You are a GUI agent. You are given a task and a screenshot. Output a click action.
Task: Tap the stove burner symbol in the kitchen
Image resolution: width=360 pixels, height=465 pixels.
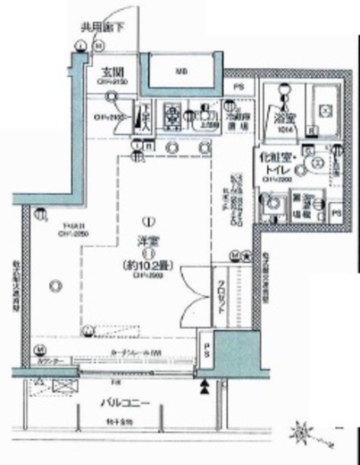point(172,114)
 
